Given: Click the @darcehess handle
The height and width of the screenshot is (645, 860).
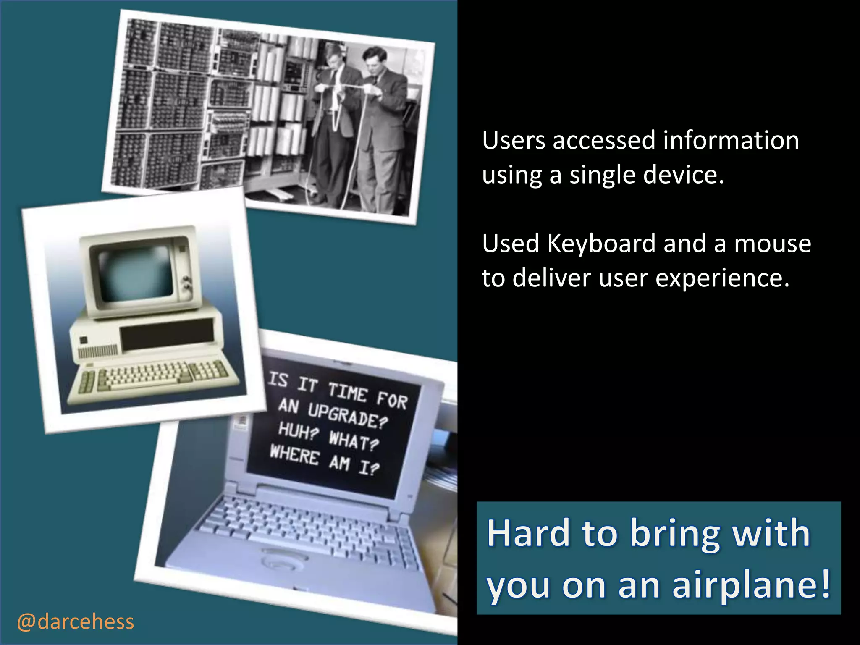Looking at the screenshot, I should (76, 622).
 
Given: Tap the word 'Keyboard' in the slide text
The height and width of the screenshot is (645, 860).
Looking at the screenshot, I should (601, 244).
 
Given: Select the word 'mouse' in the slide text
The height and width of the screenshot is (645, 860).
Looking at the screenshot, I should (772, 244).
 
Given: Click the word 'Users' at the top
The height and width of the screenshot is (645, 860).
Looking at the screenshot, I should (514, 140).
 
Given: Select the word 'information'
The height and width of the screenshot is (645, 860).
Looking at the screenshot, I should (731, 140).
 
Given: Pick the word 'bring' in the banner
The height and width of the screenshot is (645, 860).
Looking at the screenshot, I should (675, 534).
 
